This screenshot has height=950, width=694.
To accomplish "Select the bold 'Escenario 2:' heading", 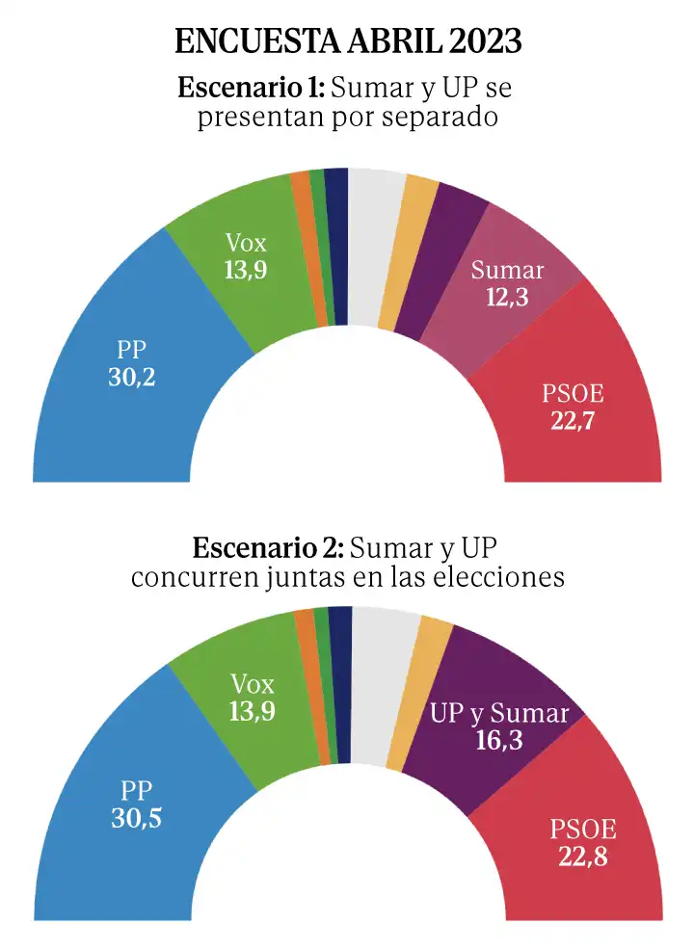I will click(268, 549).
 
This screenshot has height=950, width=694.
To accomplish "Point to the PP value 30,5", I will click(136, 819).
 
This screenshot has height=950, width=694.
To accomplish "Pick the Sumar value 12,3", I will click(507, 299).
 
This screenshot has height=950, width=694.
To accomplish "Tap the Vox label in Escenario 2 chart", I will click(253, 685).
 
